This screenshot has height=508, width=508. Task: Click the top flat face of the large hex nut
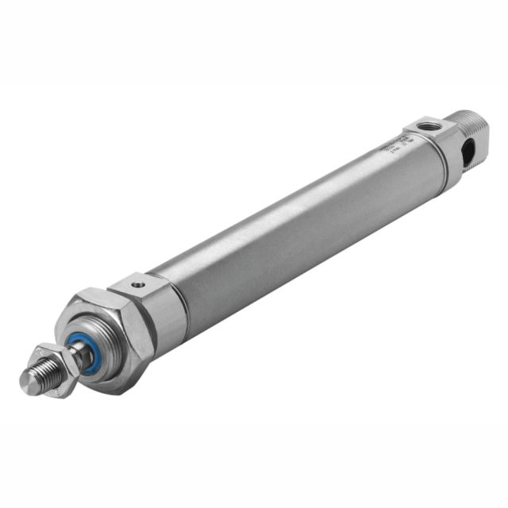click(99, 298)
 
